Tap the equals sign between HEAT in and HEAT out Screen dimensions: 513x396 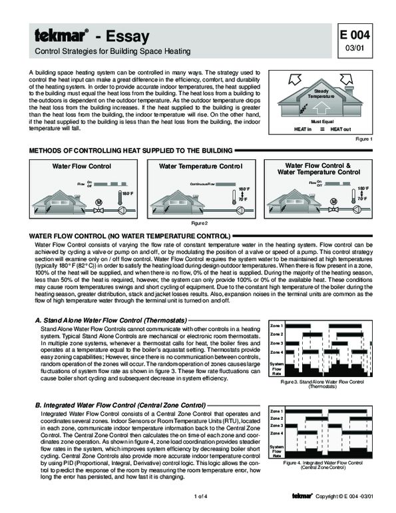coord(323,129)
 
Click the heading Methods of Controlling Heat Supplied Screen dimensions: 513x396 coord(130,151)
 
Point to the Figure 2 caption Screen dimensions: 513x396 coord(200,222)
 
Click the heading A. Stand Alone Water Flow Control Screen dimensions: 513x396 coord(110,321)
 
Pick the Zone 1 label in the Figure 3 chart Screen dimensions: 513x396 coord(276,324)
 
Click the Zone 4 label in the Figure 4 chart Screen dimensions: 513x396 coord(276,434)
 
